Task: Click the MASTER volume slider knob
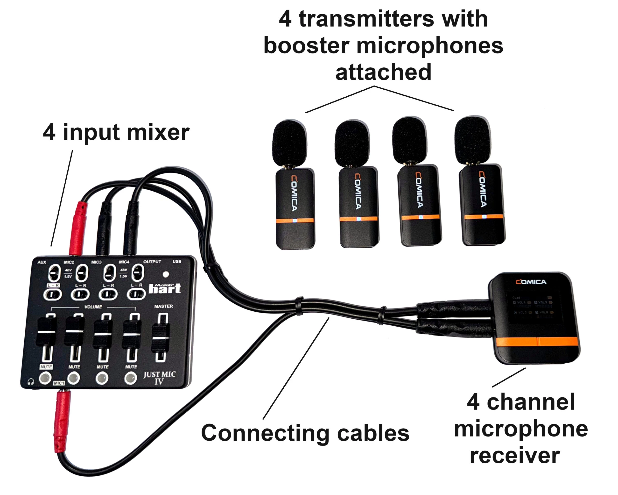click(x=161, y=337)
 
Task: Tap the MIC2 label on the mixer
click(x=69, y=262)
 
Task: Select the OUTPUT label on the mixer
click(x=152, y=262)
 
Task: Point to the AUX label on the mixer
click(x=42, y=262)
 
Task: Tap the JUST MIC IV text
click(x=159, y=377)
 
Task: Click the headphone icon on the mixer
click(x=31, y=382)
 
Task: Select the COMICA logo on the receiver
click(x=531, y=282)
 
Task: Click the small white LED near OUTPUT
click(x=166, y=274)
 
